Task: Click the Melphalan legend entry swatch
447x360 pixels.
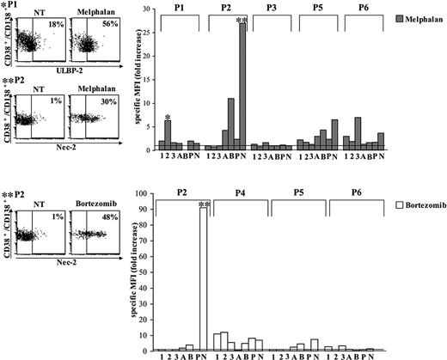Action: coord(394,17)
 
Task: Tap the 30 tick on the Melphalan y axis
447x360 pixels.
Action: coord(149,9)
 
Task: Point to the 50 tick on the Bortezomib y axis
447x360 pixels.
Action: coord(150,273)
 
